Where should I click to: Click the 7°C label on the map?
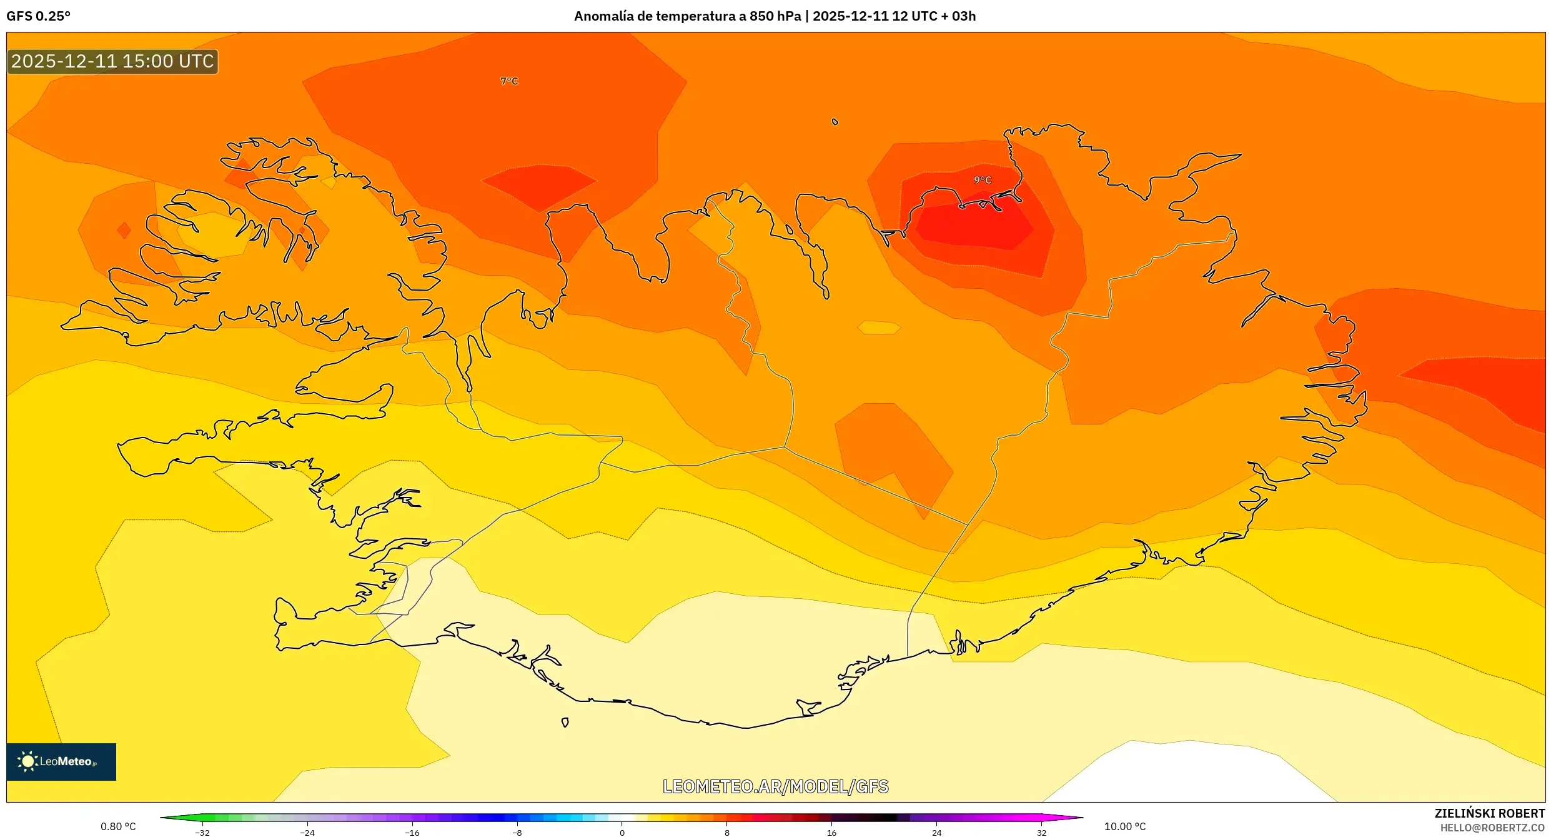pos(509,81)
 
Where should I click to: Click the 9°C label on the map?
pos(983,180)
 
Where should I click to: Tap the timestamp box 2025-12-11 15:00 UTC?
pos(112,62)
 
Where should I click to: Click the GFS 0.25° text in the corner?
pos(38,16)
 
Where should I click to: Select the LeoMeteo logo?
pos(61,761)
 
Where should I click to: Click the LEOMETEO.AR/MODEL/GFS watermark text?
pos(775,786)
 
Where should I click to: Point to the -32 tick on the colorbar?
pos(202,832)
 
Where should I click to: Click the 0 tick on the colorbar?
pos(622,832)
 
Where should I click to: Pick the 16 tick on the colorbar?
pos(831,832)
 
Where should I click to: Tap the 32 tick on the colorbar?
pos(1041,832)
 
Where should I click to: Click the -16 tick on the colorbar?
pos(412,832)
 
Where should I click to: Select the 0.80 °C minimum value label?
pos(118,826)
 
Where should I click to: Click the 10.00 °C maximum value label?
pos(1124,826)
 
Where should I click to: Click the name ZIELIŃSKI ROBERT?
pos(1489,813)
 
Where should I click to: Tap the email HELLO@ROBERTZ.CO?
pos(1492,828)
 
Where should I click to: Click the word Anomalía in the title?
pos(602,16)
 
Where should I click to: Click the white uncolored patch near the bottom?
pos(1187,775)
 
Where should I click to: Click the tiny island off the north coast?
pos(835,122)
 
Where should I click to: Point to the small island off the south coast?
pos(565,723)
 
